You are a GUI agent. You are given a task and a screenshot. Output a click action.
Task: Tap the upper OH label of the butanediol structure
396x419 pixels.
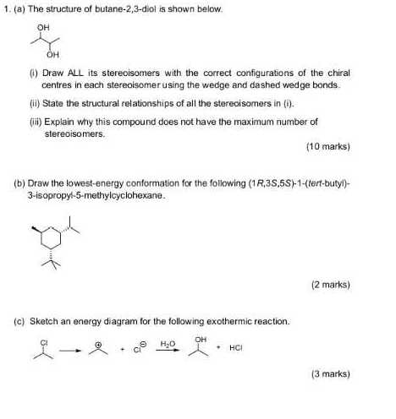click(42, 26)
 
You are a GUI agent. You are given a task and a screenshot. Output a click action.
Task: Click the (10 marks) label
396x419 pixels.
click(328, 146)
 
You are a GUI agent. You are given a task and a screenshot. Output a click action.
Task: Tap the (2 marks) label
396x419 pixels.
click(331, 285)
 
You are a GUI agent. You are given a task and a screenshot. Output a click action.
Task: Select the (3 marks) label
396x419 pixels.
click(331, 373)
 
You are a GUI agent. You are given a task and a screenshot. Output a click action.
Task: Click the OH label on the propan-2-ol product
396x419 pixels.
click(201, 340)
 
